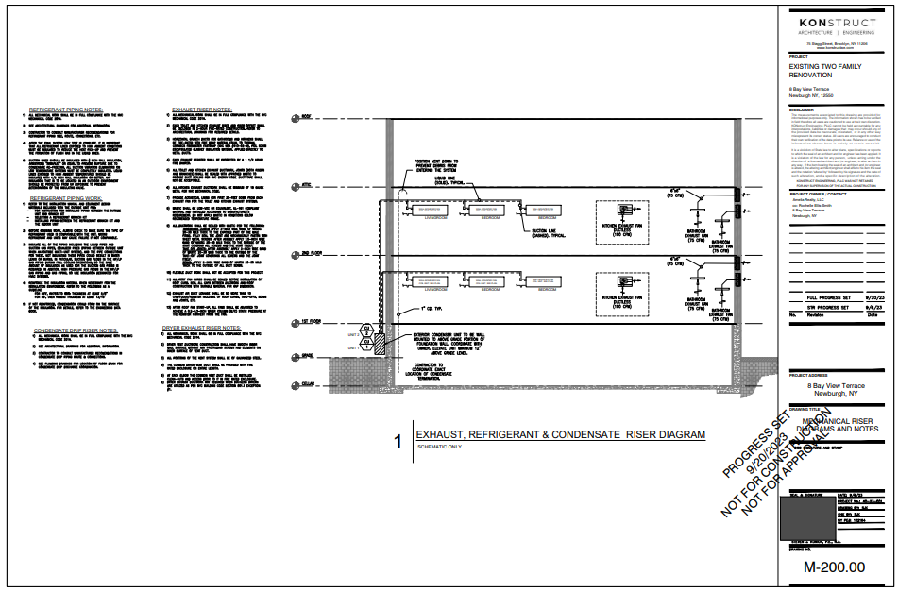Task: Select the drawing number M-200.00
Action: coord(834,567)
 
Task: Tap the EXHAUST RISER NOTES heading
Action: coord(202,110)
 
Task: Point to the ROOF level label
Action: coord(305,116)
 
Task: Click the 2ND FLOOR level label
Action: coord(308,255)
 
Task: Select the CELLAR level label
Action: coord(307,384)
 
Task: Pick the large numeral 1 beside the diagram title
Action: coord(398,441)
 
